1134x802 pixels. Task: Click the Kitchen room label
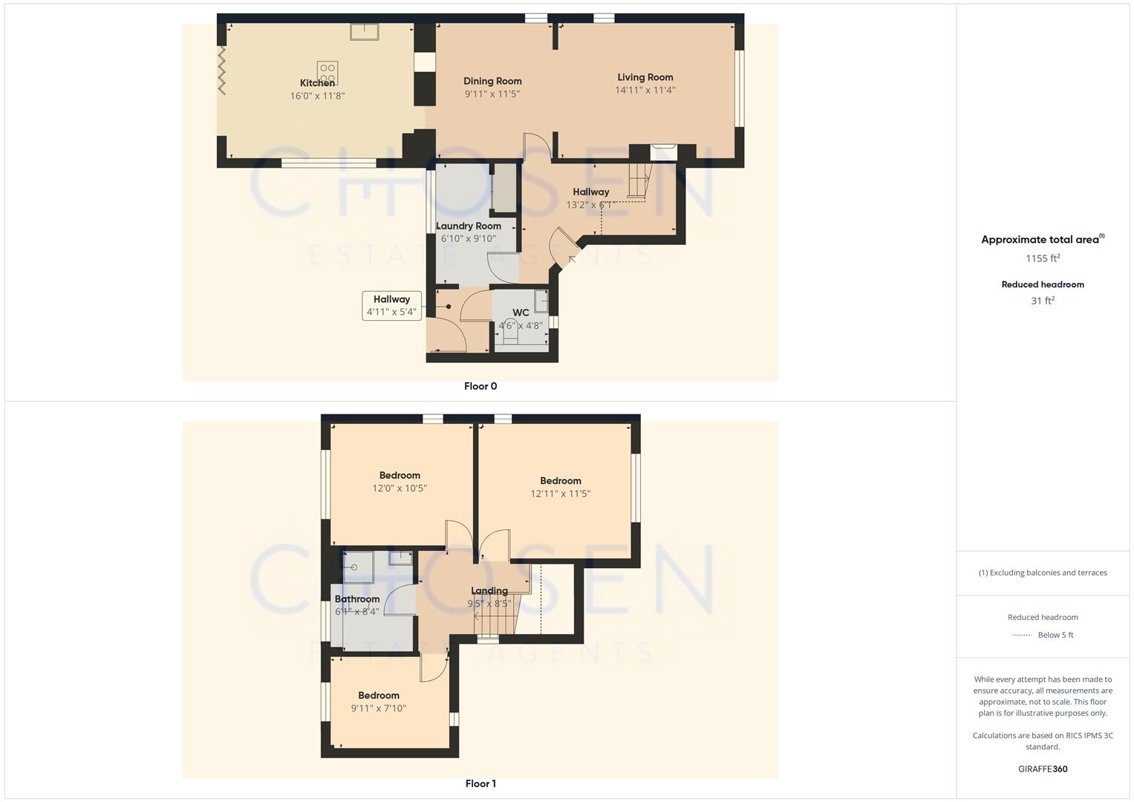pos(317,83)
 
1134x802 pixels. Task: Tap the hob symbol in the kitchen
pos(328,72)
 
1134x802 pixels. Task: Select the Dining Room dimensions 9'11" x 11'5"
pos(492,94)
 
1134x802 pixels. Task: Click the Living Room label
pos(645,77)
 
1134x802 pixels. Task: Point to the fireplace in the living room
pos(663,151)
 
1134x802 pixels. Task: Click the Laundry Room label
pos(469,226)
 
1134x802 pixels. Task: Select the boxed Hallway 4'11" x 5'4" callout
pos(391,305)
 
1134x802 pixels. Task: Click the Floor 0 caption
pos(480,386)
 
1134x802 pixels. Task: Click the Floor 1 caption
pos(480,783)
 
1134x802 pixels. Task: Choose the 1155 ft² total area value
pos(1043,258)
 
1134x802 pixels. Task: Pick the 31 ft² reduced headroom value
pos(1043,301)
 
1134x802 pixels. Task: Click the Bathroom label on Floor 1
pos(357,599)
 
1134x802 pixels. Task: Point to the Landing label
pos(489,591)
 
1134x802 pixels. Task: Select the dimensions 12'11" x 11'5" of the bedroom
pos(560,494)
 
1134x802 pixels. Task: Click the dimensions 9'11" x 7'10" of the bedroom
pos(379,708)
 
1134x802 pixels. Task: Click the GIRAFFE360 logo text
pos(1043,769)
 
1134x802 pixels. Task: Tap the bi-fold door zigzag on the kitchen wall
pos(221,70)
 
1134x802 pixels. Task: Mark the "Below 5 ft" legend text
pos(1055,635)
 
